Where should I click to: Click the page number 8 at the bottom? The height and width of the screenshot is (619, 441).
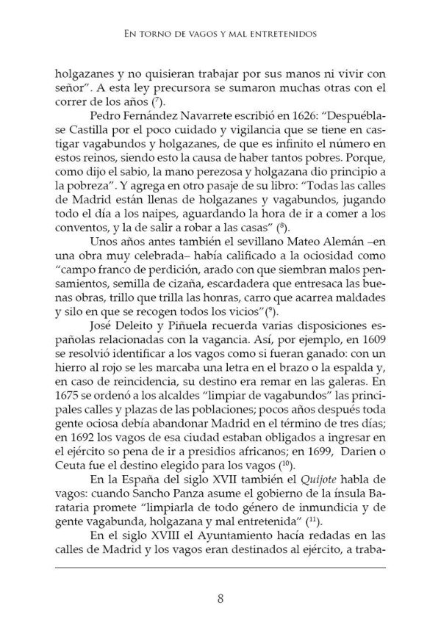pos(220,577)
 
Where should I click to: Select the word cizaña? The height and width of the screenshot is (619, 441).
pos(184,305)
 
